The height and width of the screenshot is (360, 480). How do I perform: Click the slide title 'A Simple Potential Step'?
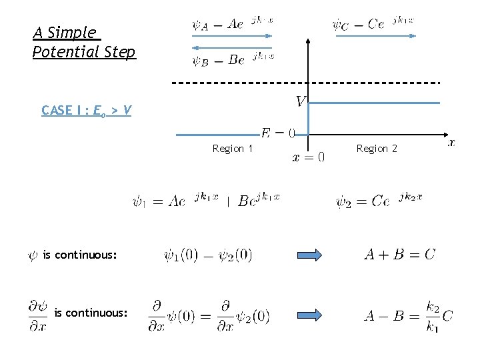pyautogui.click(x=83, y=42)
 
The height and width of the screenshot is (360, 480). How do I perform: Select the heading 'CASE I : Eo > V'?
pyautogui.click(x=86, y=110)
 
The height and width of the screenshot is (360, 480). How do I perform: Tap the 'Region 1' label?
pyautogui.click(x=232, y=149)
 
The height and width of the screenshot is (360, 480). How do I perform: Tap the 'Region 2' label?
pyautogui.click(x=377, y=148)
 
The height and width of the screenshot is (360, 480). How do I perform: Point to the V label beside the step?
pyautogui.click(x=301, y=101)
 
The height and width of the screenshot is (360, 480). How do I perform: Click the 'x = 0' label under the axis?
pyautogui.click(x=309, y=157)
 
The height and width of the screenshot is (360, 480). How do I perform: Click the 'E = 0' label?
pyautogui.click(x=277, y=133)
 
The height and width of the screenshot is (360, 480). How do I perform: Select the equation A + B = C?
pyautogui.click(x=399, y=254)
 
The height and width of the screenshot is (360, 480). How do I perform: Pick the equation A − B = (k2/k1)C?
pyautogui.click(x=408, y=315)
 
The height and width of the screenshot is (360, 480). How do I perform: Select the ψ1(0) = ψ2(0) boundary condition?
pyautogui.click(x=207, y=255)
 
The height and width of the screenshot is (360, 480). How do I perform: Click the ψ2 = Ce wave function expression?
pyautogui.click(x=379, y=200)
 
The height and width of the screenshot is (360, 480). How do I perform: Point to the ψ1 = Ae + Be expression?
pyautogui.click(x=206, y=200)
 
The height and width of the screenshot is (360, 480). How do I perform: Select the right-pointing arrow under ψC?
pyautogui.click(x=375, y=36)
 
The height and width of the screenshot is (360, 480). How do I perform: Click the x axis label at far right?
pyautogui.click(x=451, y=142)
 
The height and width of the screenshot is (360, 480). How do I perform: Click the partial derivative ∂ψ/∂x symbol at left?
pyautogui.click(x=37, y=315)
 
